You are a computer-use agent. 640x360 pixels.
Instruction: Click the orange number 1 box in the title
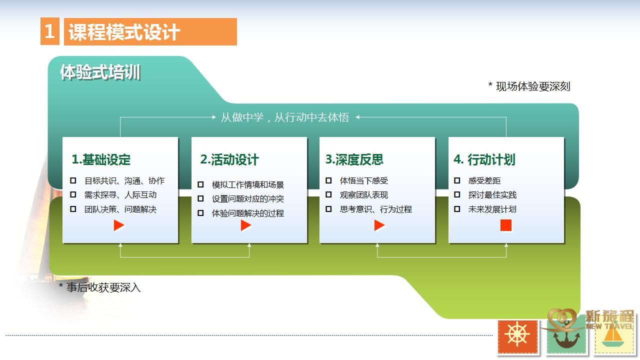tap(50, 31)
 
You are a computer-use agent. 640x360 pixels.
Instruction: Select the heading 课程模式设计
tap(124, 31)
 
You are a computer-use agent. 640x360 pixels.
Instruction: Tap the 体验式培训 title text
tap(100, 72)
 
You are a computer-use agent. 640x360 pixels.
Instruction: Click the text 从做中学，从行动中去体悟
tap(285, 117)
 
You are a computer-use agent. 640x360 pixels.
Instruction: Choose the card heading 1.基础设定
tap(101, 159)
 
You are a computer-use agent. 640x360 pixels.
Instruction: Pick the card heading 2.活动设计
tap(229, 159)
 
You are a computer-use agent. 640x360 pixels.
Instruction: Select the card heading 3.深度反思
tap(354, 159)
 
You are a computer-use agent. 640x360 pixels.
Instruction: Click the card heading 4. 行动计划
tap(484, 159)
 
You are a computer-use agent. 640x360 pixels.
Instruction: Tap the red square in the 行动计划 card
tap(506, 225)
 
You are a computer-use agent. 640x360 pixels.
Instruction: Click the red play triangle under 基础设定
tap(118, 225)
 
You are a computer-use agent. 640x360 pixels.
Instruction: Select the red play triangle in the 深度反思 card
tap(379, 225)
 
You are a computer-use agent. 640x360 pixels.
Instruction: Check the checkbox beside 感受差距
tap(457, 180)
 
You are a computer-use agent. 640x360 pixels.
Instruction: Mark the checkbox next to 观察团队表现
tap(328, 195)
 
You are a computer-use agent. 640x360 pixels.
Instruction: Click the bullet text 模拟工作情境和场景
tap(247, 185)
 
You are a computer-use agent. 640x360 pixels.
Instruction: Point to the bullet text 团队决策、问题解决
tap(120, 209)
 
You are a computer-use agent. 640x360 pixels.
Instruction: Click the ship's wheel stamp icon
tap(517, 336)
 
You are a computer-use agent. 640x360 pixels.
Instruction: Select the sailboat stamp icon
tap(613, 337)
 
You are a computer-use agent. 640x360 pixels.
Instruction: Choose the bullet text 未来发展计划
tap(492, 209)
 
